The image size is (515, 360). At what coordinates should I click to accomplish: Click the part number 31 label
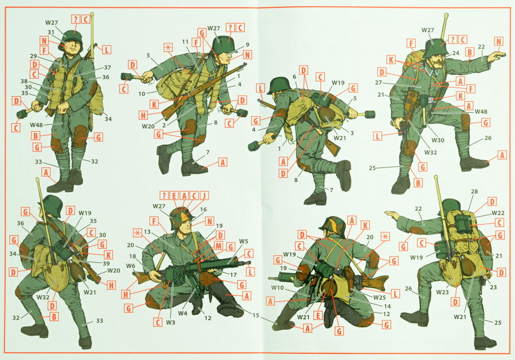pos(51,32)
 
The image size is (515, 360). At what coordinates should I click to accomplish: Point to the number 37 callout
pos(108,67)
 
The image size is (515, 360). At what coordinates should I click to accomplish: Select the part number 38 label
pos(24,81)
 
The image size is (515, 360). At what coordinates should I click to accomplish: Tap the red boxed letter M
pos(218,246)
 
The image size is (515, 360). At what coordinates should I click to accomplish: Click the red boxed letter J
pos(204,196)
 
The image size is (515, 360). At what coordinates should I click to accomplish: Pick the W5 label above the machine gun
pos(244,242)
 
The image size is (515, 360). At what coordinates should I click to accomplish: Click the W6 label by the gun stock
pos(130,266)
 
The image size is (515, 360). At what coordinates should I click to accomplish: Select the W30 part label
pos(438,140)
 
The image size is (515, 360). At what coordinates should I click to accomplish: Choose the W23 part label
pos(442,292)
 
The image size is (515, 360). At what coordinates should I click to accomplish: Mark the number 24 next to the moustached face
pos(456,53)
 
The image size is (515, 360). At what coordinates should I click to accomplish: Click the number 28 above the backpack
pos(474,192)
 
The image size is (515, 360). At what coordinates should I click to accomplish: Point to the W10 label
pos(278,288)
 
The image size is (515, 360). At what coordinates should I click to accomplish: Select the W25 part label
pos(380,298)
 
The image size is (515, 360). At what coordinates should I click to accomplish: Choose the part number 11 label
pos(185,42)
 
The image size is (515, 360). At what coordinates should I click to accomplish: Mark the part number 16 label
pos(203,210)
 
